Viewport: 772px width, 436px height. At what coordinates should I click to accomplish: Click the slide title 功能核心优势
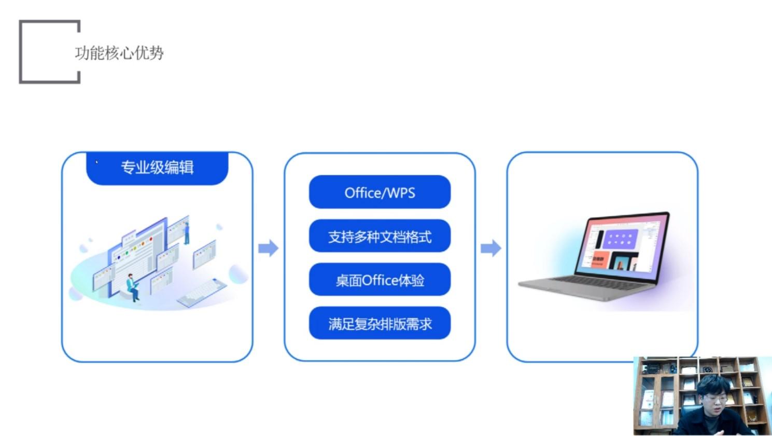(x=119, y=52)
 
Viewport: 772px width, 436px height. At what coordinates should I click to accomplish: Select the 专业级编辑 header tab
(x=157, y=168)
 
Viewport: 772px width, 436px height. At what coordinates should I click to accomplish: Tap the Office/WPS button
(x=380, y=193)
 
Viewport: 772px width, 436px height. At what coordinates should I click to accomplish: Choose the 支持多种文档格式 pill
(x=380, y=237)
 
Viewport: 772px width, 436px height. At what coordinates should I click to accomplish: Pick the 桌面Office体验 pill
(x=380, y=280)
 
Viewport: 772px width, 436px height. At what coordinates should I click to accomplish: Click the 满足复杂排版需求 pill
(x=380, y=324)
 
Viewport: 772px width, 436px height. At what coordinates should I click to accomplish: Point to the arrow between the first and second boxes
(x=268, y=248)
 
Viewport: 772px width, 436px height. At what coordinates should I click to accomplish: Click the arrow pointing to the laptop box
(x=490, y=248)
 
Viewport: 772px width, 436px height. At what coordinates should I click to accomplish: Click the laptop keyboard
(x=586, y=283)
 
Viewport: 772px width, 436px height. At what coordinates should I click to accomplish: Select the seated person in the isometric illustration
(x=133, y=286)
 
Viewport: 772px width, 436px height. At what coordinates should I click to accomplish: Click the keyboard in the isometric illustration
(x=202, y=292)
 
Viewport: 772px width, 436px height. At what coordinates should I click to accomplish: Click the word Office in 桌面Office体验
(x=380, y=280)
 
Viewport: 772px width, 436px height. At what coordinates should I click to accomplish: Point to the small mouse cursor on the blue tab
(x=96, y=162)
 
